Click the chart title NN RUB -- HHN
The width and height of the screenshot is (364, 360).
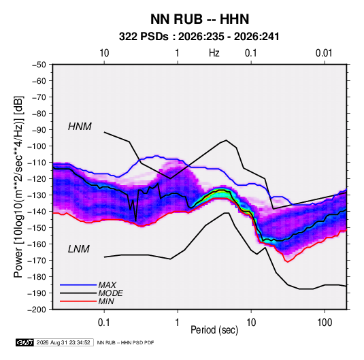199,19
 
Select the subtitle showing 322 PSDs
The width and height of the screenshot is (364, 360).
199,37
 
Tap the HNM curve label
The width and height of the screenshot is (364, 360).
80,127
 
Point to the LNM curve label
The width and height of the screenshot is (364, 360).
79,249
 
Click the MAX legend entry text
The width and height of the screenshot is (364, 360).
107,285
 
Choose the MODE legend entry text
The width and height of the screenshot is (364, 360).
110,293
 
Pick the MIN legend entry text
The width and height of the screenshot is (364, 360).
106,301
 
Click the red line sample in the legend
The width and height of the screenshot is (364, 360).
78,301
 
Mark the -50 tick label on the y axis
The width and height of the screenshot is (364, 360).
39,65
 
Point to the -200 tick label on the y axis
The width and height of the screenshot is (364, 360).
37,310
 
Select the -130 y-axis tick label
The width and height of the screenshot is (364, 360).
37,195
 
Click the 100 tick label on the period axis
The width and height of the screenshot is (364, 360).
325,323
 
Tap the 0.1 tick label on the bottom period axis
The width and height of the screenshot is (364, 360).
104,323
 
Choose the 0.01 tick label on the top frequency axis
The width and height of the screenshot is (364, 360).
324,53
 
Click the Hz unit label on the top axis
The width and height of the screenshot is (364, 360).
214,53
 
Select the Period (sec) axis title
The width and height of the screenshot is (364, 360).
214,330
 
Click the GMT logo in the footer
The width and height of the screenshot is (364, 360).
25,342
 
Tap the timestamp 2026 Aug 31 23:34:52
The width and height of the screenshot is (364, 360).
63,342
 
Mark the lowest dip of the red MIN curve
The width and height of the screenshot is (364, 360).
288,262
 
